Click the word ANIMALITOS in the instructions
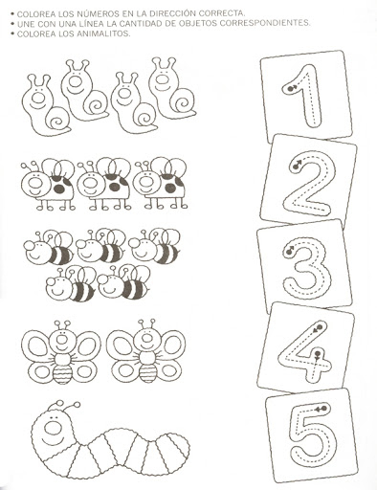click(x=102, y=33)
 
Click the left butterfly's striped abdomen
click(x=60, y=374)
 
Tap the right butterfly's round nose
click(x=146, y=337)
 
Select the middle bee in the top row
click(x=100, y=247)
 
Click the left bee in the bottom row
click(x=71, y=284)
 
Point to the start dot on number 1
click(x=290, y=89)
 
